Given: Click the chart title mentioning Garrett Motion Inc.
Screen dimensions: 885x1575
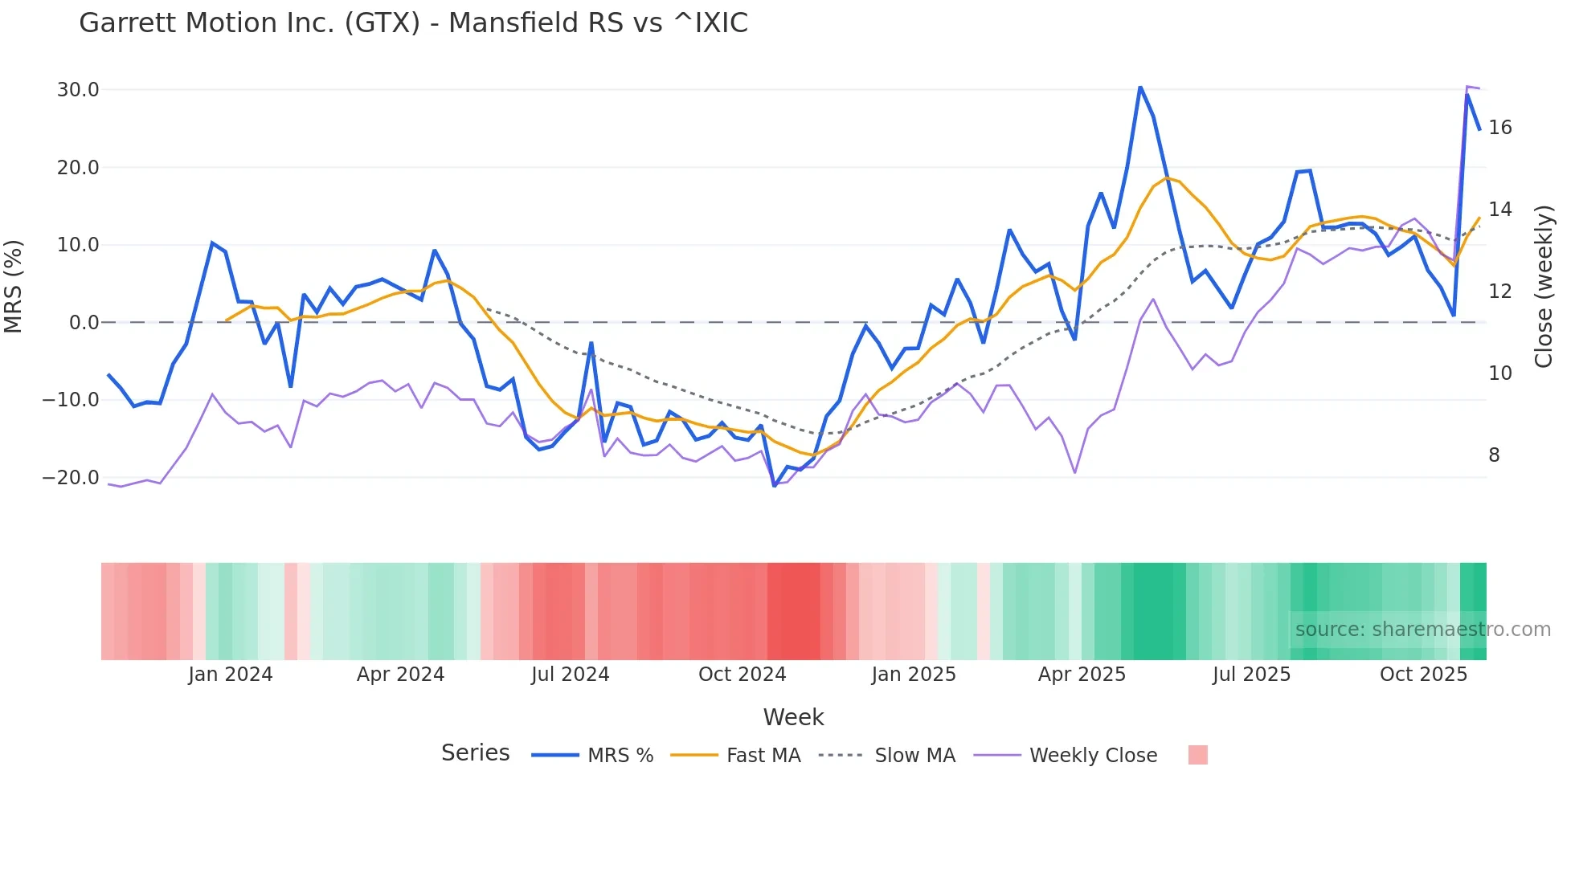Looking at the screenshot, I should click(x=413, y=23).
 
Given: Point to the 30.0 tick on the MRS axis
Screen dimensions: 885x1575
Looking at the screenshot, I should click(x=78, y=90).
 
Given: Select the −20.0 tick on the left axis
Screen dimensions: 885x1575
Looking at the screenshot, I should click(x=71, y=478).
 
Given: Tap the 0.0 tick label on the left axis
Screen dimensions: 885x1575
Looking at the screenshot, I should click(x=84, y=323).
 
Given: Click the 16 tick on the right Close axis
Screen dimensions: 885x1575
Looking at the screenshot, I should click(x=1499, y=128).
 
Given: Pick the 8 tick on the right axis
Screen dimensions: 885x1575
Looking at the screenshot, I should click(x=1494, y=455).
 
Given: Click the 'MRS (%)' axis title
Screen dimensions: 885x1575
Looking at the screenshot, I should click(x=14, y=286).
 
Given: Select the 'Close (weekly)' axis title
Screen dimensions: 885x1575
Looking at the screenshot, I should click(x=1543, y=286).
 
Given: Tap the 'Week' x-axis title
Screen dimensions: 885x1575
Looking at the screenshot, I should click(x=793, y=717).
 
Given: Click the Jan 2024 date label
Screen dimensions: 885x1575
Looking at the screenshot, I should click(x=231, y=675).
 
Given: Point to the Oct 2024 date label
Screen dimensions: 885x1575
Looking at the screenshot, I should click(x=742, y=675).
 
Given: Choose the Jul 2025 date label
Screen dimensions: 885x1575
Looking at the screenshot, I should click(x=1251, y=675).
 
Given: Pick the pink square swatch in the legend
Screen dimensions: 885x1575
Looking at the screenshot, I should click(x=1197, y=755).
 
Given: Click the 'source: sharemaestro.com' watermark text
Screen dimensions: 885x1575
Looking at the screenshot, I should click(x=1422, y=630).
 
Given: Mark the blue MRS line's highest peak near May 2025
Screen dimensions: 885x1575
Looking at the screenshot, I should click(x=1140, y=87).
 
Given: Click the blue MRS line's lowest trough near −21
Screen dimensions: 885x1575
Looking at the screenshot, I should click(x=774, y=486).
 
